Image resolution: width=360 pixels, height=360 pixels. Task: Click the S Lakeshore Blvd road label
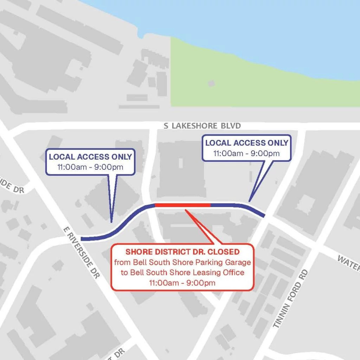point(202,126)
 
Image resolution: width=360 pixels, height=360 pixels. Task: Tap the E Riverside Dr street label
point(81,253)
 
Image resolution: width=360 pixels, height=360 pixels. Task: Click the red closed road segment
point(182,205)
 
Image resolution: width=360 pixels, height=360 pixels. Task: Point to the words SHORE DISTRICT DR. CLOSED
point(182,252)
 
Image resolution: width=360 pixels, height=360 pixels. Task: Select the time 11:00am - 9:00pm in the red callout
point(182,283)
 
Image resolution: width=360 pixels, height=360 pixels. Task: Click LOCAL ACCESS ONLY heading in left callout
point(90,157)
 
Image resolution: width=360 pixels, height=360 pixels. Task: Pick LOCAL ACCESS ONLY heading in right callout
point(247,143)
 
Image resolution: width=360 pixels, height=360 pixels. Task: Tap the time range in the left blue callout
point(90,167)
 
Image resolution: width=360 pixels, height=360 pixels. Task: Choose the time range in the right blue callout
point(247,153)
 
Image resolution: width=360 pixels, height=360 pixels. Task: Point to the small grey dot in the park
point(211,83)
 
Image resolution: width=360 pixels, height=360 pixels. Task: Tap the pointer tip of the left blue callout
point(111,222)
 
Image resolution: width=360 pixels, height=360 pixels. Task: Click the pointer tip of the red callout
point(185,210)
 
